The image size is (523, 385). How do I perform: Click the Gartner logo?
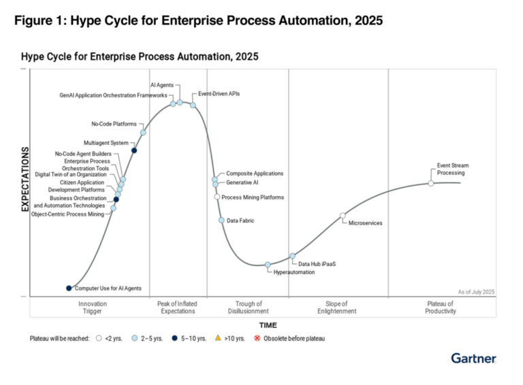pos(473,358)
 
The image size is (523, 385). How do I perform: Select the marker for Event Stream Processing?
pos(430,183)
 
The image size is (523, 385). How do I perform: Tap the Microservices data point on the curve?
pos(343,216)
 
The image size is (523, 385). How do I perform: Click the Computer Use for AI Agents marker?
pos(69,288)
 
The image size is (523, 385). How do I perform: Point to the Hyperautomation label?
pos(294,272)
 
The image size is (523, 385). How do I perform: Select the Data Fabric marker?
pos(221,220)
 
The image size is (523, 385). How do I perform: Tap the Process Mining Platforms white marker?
pos(217,197)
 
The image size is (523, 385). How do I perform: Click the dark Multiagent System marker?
pos(134,150)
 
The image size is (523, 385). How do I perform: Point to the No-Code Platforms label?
pos(114,124)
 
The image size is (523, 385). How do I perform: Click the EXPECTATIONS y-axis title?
pos(25,180)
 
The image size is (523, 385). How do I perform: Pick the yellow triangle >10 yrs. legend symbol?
pos(217,338)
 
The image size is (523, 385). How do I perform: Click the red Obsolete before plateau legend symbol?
pos(257,338)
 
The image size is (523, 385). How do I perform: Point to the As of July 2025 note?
pos(476,292)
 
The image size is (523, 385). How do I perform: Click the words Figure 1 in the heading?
pos(42,21)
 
